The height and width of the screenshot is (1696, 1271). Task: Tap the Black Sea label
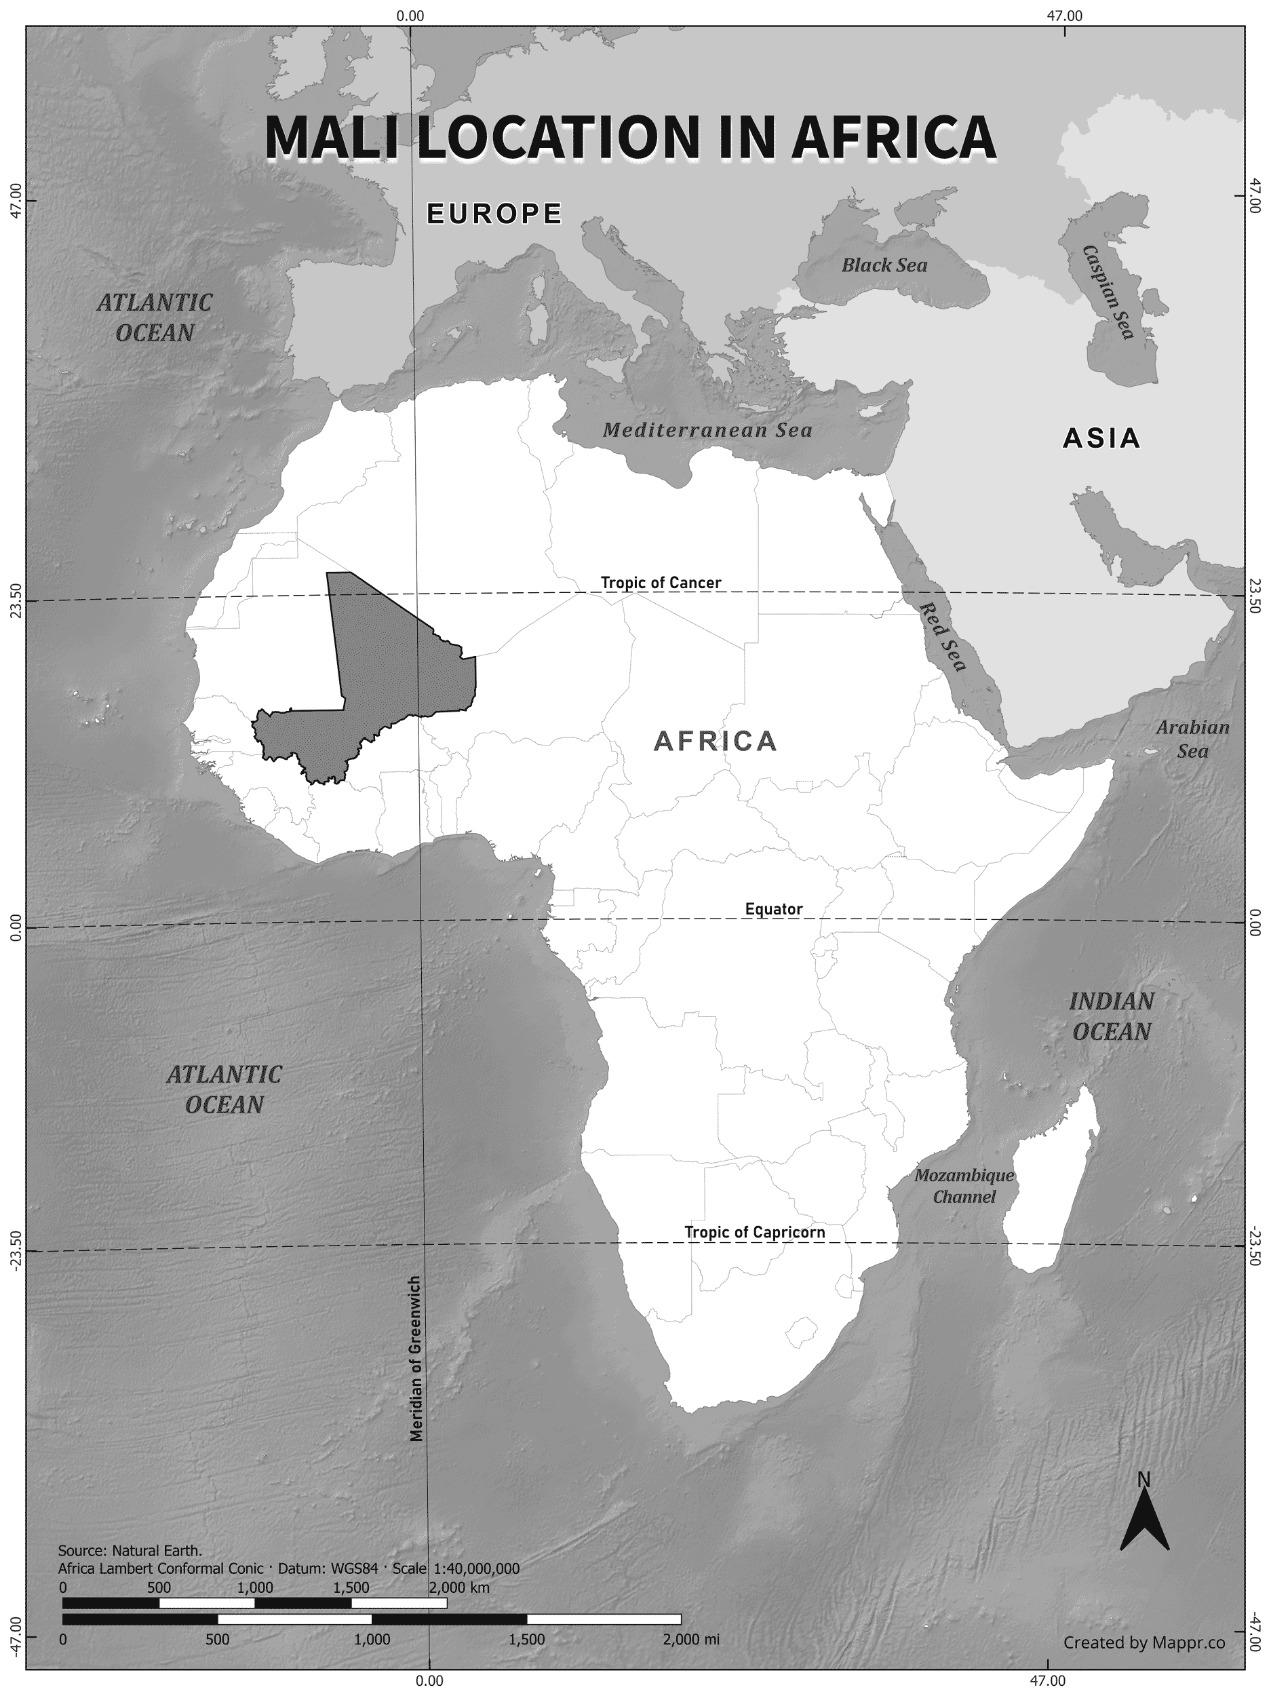(884, 265)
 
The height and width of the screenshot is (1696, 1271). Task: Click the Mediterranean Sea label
(707, 430)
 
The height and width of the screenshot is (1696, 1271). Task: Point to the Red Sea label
(943, 636)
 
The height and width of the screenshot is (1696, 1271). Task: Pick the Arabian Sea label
(1192, 738)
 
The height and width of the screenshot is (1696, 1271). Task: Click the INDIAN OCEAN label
(1112, 1016)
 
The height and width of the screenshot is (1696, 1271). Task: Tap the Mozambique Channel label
(964, 1185)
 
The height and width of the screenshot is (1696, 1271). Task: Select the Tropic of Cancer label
(660, 583)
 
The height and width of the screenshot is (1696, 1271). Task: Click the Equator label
(773, 909)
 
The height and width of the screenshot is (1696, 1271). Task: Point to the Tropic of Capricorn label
(754, 1232)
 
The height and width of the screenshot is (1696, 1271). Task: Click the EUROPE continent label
(494, 213)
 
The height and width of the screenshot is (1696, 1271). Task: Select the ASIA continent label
(1101, 438)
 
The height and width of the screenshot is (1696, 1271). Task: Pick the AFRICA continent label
(716, 741)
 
